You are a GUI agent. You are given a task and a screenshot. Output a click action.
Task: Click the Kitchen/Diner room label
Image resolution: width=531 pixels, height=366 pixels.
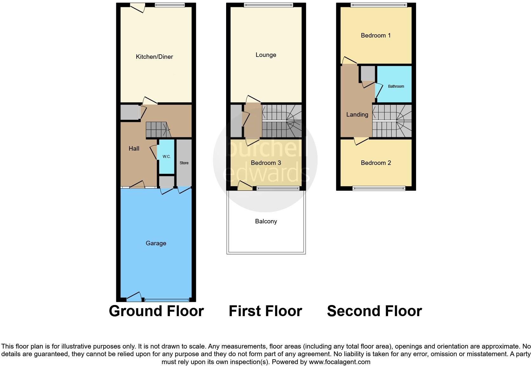[x=154, y=57]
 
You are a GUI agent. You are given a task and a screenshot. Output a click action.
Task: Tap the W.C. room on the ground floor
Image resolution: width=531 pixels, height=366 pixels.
[x=166, y=157]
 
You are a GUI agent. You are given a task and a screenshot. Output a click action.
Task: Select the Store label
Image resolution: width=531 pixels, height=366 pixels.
[x=184, y=163]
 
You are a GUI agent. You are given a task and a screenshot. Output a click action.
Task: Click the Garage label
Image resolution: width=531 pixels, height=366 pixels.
[x=156, y=243]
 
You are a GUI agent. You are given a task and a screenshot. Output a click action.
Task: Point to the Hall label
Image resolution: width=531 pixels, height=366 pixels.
[x=134, y=148]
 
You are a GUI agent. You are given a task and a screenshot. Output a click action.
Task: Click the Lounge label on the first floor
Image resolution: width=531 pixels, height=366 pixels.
[x=266, y=55]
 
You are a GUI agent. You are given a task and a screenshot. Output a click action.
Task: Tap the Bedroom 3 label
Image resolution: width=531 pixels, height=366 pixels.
[x=266, y=163]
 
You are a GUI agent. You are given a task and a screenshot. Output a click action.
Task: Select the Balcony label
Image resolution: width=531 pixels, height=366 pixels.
[x=266, y=221]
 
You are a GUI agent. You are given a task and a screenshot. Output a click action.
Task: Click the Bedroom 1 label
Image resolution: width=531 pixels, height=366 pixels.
[x=376, y=36]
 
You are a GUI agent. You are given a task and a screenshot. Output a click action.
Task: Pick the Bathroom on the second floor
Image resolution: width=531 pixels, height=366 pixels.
[x=396, y=86]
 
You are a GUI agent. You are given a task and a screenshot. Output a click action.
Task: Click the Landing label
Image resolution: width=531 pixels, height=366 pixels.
[x=357, y=115]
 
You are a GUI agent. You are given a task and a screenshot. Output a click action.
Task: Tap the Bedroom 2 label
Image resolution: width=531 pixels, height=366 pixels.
[x=376, y=163]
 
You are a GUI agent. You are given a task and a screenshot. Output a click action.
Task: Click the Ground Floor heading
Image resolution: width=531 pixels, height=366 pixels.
[x=156, y=311]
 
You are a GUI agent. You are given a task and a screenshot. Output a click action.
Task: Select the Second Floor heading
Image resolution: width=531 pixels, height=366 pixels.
[x=374, y=311]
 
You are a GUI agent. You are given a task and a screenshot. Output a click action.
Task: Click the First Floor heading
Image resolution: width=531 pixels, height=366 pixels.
[x=265, y=311]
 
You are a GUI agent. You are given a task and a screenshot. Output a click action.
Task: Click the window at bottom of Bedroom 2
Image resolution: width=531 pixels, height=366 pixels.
[x=379, y=188]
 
